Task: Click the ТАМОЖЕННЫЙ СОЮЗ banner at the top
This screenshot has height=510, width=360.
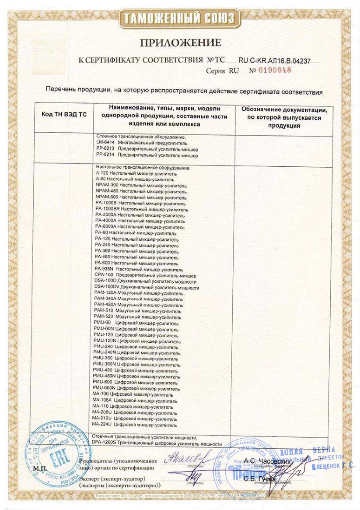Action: [180, 18]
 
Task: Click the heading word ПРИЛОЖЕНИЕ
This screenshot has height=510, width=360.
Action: [180, 43]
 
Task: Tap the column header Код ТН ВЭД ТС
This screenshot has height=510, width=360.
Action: [64, 114]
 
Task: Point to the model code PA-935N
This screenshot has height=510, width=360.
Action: [105, 269]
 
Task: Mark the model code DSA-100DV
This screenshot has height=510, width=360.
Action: [107, 288]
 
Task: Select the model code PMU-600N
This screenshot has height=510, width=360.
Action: [105, 388]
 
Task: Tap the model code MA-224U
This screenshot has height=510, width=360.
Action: [103, 424]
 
